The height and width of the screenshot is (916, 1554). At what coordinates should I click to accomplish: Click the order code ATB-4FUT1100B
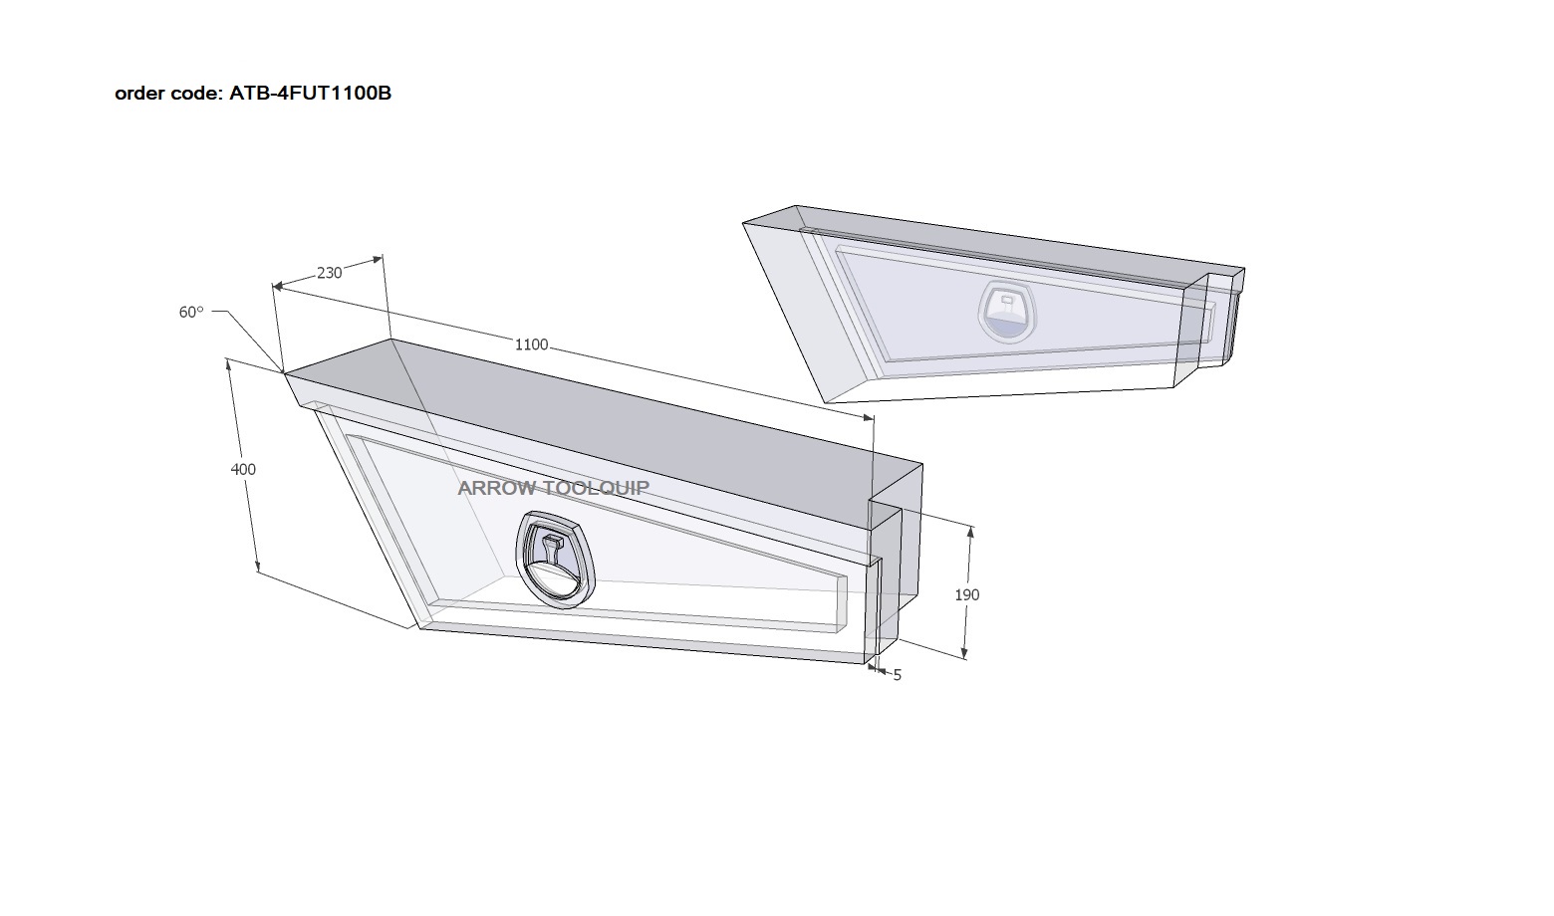[x=310, y=93]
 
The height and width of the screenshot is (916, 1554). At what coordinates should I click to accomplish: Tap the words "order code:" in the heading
[x=168, y=93]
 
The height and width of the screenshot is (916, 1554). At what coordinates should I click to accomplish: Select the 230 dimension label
[x=330, y=273]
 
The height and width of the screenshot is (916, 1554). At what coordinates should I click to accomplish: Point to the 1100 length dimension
[x=531, y=344]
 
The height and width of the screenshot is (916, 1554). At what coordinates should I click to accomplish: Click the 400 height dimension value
[x=243, y=469]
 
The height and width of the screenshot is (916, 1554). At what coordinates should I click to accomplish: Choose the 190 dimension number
[x=967, y=595]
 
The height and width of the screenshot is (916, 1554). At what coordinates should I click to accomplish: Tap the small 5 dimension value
[x=897, y=675]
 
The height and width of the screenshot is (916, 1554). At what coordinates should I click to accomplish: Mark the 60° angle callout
[x=191, y=312]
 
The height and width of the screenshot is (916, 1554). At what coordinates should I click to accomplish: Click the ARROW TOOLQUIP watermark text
[x=553, y=488]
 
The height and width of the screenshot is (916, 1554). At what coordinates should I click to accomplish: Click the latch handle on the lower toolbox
[x=555, y=559]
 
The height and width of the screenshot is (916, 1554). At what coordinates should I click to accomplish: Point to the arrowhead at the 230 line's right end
[x=379, y=259]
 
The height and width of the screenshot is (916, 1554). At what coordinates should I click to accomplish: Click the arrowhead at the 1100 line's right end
[x=868, y=417]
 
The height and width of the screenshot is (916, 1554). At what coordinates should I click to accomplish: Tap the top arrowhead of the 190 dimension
[x=970, y=532]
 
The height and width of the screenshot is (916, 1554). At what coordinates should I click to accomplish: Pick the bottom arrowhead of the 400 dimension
[x=257, y=567]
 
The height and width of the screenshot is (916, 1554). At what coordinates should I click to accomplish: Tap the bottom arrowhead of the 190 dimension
[x=964, y=652]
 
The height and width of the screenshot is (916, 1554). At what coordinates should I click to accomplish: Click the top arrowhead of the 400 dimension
[x=229, y=364]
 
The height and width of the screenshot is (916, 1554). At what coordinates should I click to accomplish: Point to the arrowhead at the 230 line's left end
[x=278, y=286]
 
